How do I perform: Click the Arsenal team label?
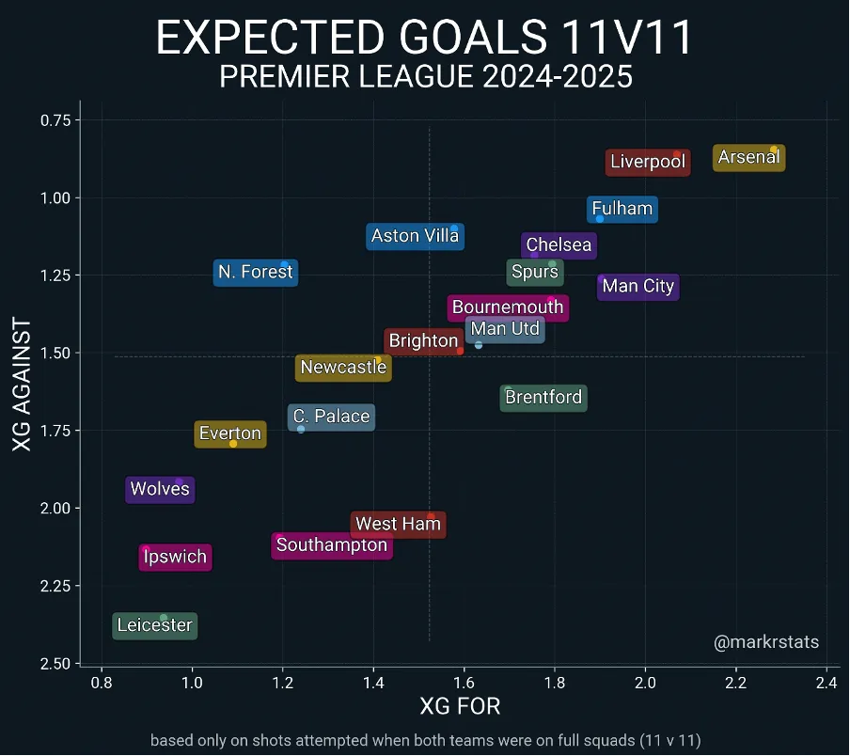748,158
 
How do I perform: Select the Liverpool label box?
648,162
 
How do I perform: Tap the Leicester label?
154,625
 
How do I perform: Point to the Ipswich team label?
175,557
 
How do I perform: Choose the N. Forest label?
255,273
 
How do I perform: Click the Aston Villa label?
415,236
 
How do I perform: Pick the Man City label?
637,287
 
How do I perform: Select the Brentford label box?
543,398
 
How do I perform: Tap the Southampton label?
332,545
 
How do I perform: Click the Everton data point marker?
233,443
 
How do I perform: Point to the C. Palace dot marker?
301,429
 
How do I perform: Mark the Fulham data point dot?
600,219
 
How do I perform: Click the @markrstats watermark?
766,643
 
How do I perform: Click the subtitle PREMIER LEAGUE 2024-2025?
425,77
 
